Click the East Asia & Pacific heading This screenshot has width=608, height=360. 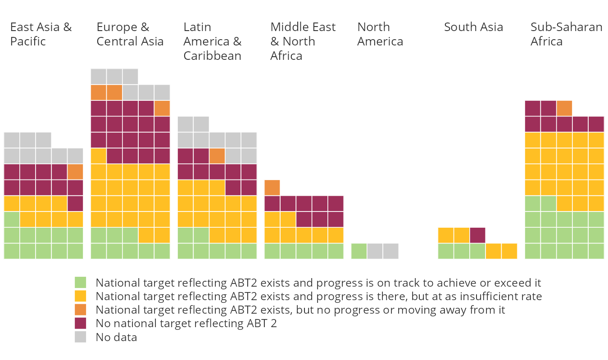pyautogui.click(x=41, y=34)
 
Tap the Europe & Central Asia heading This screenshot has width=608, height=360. pyautogui.click(x=130, y=34)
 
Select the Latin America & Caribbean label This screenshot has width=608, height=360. pyautogui.click(x=213, y=41)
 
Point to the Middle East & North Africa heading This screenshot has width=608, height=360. pyautogui.click(x=303, y=41)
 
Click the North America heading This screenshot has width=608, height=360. pyautogui.click(x=380, y=34)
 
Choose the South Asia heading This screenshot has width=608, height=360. pyautogui.click(x=473, y=27)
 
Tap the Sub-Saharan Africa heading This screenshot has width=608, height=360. pyautogui.click(x=567, y=34)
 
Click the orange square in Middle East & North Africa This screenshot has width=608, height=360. pyautogui.click(x=272, y=188)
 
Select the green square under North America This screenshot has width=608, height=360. pyautogui.click(x=359, y=251)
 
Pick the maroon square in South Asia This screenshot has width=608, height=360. pyautogui.click(x=477, y=235)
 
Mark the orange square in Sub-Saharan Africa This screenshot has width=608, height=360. pyautogui.click(x=564, y=108)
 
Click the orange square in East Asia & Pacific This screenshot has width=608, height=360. pyautogui.click(x=75, y=172)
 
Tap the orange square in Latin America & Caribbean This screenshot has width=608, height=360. pyautogui.click(x=217, y=156)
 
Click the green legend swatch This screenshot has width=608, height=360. pyautogui.click(x=80, y=283)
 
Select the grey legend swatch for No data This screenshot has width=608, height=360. pyautogui.click(x=80, y=337)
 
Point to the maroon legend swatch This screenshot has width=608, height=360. pyautogui.click(x=80, y=323)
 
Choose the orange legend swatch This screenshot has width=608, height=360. pyautogui.click(x=80, y=310)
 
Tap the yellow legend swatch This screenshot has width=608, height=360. pyautogui.click(x=80, y=296)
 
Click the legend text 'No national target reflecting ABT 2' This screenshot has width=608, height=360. pyautogui.click(x=186, y=324)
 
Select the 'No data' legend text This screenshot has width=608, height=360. pyautogui.click(x=117, y=337)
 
